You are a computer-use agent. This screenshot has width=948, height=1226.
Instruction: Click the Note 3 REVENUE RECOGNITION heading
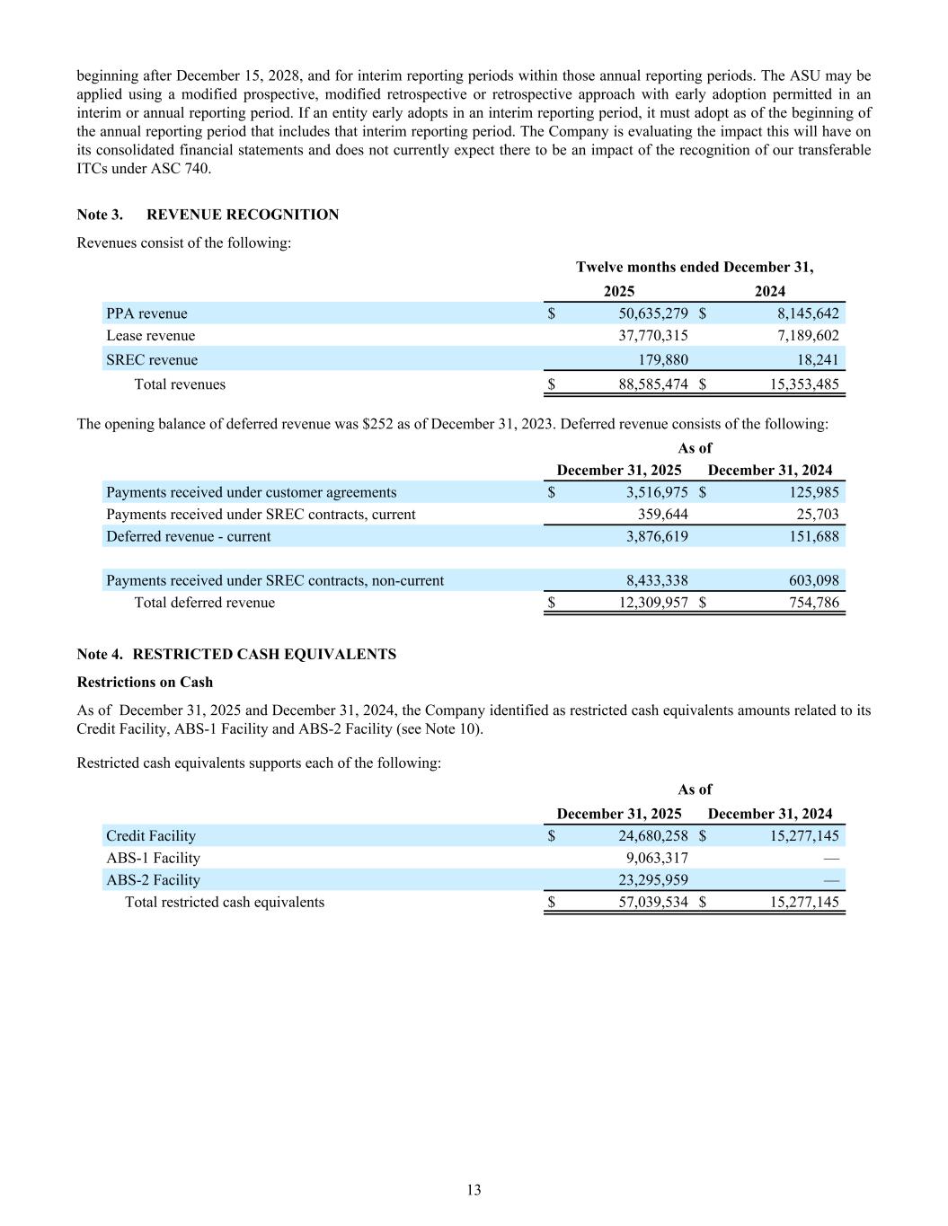[208, 215]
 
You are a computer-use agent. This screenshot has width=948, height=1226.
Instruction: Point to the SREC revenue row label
[152, 360]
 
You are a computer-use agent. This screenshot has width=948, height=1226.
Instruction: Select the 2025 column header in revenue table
[618, 291]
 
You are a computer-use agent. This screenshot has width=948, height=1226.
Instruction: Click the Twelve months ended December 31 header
[695, 267]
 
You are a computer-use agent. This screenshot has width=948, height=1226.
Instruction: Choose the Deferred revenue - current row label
[188, 536]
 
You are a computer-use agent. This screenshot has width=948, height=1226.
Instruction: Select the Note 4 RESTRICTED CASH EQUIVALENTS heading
[236, 654]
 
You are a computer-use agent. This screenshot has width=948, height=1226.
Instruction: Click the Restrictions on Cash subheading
[145, 682]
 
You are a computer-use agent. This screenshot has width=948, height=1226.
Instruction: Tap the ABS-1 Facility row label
[153, 858]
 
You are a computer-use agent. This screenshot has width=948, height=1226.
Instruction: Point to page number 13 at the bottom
[474, 1190]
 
